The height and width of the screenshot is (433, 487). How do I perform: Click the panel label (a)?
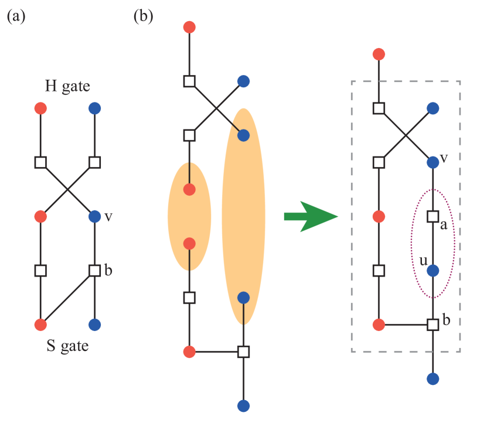coord(16,16)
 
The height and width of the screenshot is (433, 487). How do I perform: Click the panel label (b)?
coord(143,16)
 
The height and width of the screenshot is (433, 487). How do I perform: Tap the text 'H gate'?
coord(67,87)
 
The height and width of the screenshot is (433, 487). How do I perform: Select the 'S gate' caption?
coord(67,346)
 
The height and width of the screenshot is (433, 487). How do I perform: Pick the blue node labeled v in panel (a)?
coord(94,217)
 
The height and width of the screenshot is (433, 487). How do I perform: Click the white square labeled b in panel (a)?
coord(94,271)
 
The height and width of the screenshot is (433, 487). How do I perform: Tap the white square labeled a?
coord(432,217)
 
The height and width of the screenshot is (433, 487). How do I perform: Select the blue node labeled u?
coord(432,271)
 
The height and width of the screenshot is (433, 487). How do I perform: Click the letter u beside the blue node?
coord(423,260)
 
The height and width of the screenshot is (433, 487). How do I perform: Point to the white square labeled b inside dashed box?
coord(432,325)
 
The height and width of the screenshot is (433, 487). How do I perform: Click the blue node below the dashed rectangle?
coord(432,379)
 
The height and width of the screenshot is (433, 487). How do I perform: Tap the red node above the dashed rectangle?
coord(379,54)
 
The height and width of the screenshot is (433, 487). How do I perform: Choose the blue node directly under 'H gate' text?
coord(94,108)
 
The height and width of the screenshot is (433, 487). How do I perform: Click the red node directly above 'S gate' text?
coord(40,325)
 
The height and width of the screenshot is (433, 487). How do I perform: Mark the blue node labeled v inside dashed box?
coord(432,162)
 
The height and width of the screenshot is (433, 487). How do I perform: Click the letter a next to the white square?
coord(444,226)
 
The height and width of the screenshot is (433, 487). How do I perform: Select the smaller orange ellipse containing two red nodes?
coord(189,217)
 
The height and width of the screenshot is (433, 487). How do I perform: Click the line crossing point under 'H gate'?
coord(67,189)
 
